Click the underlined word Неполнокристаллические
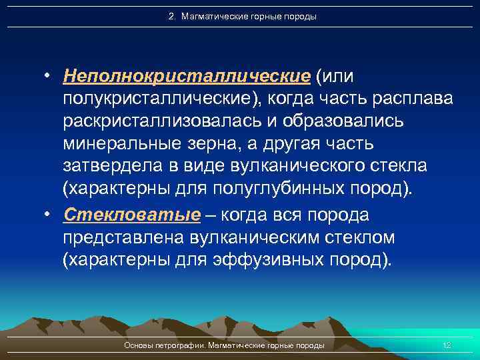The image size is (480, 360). pos(187,76)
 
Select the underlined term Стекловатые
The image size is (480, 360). pos(131,215)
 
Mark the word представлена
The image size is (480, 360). pos(123,237)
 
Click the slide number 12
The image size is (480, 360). pos(447,345)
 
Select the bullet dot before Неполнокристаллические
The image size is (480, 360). pos(49,77)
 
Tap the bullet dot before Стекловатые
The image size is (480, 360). pos(49,215)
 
